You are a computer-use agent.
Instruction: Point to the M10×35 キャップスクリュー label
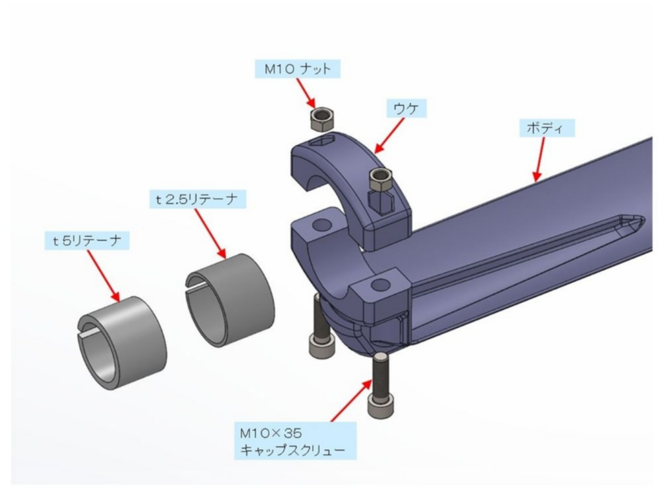click(x=295, y=440)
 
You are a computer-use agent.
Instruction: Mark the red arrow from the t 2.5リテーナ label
click(x=211, y=232)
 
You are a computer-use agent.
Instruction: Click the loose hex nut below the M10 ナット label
click(x=321, y=118)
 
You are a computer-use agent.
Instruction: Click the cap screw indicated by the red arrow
click(x=379, y=388)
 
